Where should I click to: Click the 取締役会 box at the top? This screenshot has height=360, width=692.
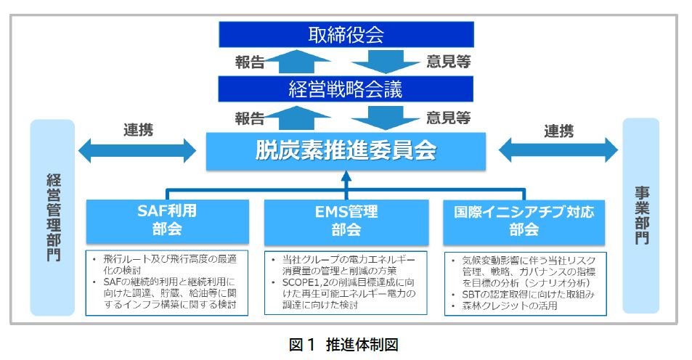(346, 34)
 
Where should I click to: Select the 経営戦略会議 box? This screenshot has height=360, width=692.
(346, 90)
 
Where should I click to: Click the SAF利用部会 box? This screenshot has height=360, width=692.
(167, 221)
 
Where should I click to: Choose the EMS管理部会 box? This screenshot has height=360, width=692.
(346, 221)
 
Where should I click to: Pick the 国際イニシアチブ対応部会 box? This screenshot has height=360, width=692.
(524, 221)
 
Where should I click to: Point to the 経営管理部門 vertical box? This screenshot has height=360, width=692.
(53, 217)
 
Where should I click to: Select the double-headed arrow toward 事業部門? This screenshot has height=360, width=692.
(558, 150)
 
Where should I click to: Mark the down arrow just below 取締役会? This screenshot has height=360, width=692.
(391, 62)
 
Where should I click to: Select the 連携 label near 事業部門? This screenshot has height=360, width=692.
(558, 131)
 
